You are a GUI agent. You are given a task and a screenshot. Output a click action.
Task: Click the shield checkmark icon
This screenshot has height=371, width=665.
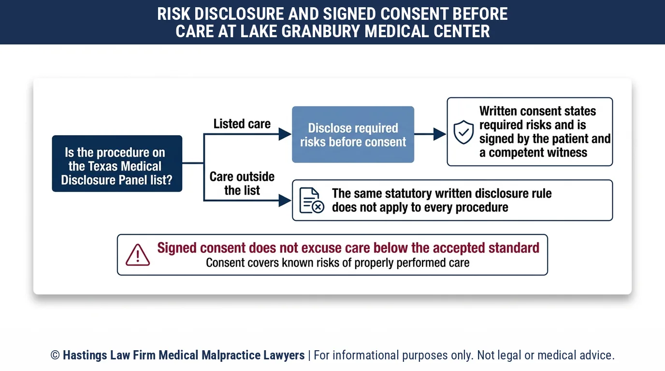[463, 132]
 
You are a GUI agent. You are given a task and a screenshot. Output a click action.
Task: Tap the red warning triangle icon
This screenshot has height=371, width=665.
[138, 255]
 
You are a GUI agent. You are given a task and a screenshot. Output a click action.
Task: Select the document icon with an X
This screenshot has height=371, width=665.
[311, 200]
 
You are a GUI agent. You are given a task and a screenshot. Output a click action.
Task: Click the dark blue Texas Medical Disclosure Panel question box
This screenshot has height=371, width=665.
[117, 164]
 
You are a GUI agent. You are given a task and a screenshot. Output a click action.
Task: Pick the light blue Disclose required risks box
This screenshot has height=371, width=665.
[353, 134]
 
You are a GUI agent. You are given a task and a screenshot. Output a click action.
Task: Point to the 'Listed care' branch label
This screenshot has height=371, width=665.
[242, 124]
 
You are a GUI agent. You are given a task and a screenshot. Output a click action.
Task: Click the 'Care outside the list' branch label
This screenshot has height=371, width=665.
[242, 184]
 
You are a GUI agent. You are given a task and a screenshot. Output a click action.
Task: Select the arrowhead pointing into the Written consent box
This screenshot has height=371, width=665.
[440, 134]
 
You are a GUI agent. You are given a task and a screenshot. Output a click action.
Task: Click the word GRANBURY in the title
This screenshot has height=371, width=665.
[320, 31]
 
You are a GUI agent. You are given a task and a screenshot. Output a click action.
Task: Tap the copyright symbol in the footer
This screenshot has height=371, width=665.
[55, 355]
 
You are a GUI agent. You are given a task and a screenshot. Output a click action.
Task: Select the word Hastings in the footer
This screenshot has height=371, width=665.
[85, 355]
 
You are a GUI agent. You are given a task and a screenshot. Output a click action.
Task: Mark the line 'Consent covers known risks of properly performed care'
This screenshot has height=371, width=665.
[337, 263]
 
